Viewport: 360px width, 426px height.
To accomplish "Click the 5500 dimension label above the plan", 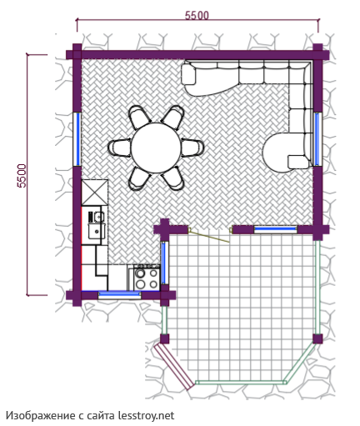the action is coord(197,15).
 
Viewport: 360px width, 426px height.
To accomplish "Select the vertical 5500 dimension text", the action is coord(22,176).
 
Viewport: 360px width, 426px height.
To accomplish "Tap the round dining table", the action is coord(156,148).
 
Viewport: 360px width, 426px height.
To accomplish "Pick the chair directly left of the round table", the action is coord(119,148).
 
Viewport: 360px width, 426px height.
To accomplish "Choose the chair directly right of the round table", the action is coord(192,148).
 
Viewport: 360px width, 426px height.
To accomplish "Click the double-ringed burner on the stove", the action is coord(140,273).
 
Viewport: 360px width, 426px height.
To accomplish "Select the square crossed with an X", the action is coord(94,193).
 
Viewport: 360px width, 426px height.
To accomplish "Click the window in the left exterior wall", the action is coord(78,139).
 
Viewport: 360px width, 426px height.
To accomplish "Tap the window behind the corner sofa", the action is coord(317,139).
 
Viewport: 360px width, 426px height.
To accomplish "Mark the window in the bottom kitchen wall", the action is coord(119,294).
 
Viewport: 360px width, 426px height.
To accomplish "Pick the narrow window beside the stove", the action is coord(164,263).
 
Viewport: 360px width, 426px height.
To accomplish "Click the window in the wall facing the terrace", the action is coord(275,229).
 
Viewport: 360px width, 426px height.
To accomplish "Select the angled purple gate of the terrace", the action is coord(174,366).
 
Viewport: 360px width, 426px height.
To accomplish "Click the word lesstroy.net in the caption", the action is coord(147,416).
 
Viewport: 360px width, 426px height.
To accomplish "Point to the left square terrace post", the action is coord(164,339).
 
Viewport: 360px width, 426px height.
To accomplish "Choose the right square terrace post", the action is coord(317,338).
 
